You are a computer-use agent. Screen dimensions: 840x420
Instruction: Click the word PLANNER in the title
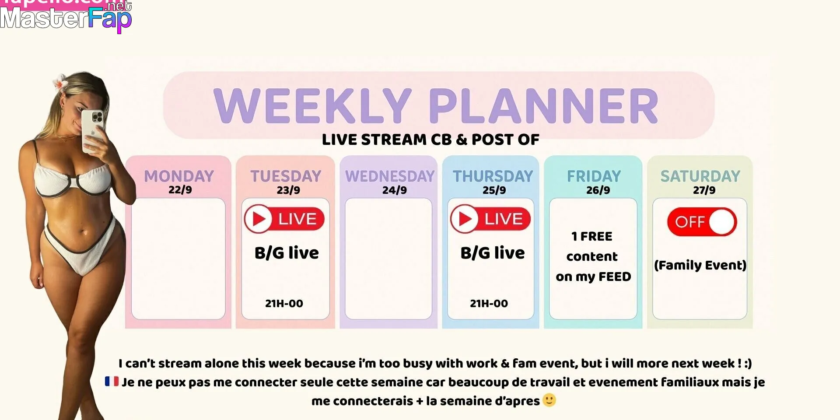544,105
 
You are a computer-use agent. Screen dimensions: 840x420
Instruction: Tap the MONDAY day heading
179,176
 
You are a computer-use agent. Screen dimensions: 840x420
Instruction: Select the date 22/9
180,190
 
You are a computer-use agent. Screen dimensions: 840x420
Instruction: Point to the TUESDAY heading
286,176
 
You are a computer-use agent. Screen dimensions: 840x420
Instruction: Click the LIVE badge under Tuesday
284,219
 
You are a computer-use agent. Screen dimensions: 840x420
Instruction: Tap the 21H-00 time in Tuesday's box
284,303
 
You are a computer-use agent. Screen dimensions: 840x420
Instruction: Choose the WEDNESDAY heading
390,176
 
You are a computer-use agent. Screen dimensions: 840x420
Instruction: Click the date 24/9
395,190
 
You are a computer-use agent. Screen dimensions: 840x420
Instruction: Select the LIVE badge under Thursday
490,219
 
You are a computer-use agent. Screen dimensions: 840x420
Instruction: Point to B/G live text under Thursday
493,253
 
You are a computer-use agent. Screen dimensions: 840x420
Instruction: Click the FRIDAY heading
594,176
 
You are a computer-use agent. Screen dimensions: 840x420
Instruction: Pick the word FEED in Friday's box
615,276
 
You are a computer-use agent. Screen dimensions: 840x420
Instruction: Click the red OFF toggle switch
702,222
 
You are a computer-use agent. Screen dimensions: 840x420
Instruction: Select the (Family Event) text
700,265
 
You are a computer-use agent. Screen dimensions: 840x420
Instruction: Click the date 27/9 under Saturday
704,190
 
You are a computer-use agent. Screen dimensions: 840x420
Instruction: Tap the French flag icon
112,381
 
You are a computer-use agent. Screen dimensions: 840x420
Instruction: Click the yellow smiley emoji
549,400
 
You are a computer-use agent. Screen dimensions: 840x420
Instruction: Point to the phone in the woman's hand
92,130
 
